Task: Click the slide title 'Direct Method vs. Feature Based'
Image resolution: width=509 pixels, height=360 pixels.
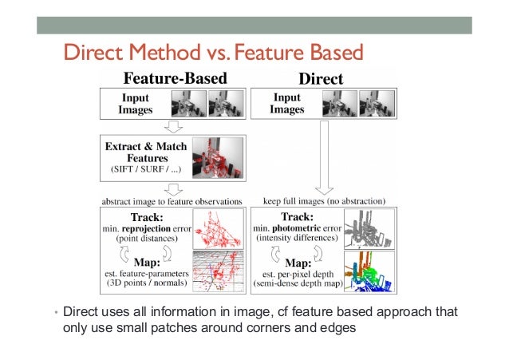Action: pyautogui.click(x=213, y=53)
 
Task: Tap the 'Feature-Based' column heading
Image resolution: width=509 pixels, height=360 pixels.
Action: pyautogui.click(x=174, y=79)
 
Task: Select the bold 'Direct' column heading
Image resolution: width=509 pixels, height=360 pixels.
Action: pyautogui.click(x=321, y=79)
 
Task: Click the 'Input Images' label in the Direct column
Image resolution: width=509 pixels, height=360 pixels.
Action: pyautogui.click(x=288, y=105)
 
